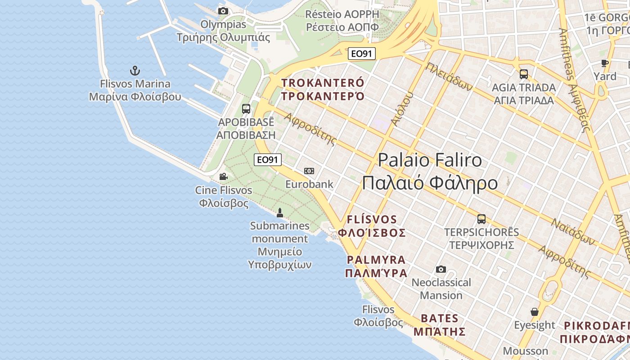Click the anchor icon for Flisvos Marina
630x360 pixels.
135,71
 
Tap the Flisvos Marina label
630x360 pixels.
135,90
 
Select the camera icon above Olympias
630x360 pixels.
223,11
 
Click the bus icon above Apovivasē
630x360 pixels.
246,108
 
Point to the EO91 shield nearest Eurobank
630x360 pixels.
268,159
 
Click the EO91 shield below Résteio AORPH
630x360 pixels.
362,54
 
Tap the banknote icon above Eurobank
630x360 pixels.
309,171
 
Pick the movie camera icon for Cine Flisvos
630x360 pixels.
223,176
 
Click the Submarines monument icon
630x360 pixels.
279,212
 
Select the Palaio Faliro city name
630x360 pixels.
430,171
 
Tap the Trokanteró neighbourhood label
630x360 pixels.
323,89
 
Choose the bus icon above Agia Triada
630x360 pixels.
524,74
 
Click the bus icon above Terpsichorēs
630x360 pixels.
481,219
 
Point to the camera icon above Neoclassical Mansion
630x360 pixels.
441,269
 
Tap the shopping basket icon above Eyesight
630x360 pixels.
535,312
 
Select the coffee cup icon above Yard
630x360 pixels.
605,63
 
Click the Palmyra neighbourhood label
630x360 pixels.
377,266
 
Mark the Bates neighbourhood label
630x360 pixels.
439,325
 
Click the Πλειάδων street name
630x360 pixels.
449,76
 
